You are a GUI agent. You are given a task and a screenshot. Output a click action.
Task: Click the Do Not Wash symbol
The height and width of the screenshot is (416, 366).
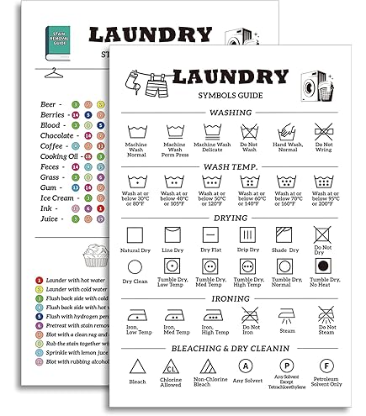248,131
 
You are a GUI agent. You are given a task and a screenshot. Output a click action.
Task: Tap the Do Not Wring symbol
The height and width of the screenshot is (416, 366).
323,131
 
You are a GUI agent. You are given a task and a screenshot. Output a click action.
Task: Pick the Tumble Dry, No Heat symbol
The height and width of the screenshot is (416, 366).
323,268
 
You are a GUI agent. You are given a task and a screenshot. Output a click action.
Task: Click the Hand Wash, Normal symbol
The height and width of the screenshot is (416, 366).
285,131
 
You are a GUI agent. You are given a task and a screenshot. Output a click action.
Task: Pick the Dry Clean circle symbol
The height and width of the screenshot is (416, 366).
135,267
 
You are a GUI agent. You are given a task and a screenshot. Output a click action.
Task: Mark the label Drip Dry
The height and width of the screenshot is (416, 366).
248,250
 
